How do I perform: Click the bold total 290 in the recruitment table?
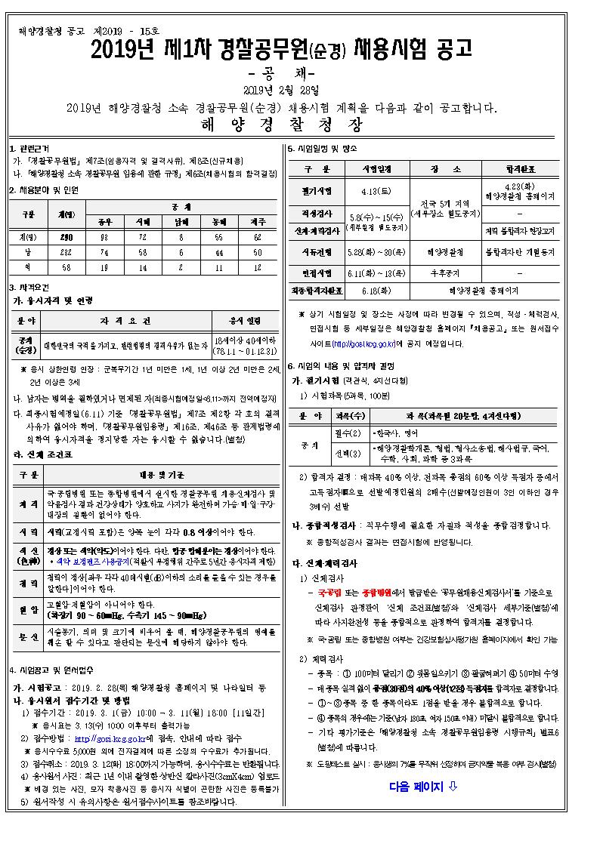pyautogui.click(x=66, y=237)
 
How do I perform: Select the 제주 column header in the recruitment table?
pyautogui.click(x=258, y=222)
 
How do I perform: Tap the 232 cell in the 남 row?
pyautogui.click(x=66, y=252)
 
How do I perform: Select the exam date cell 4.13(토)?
pyautogui.click(x=376, y=189)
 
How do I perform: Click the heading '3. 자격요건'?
pyautogui.click(x=29, y=287)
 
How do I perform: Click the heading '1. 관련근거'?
pyautogui.click(x=29, y=149)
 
